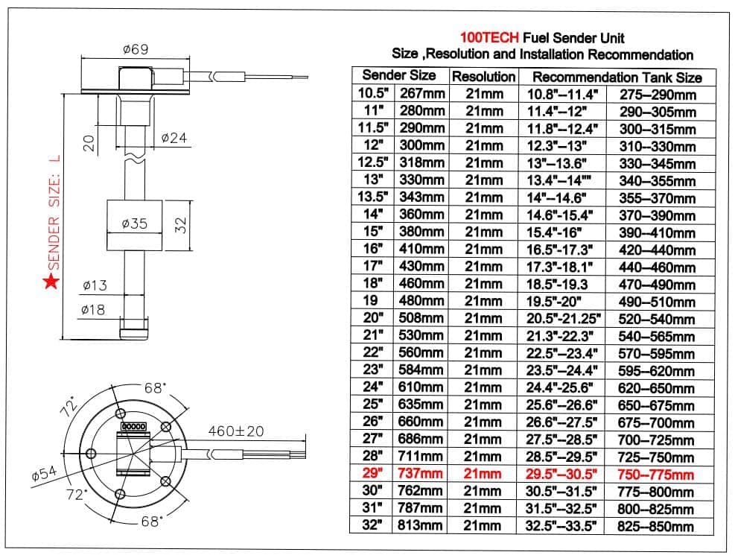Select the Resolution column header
[483, 77]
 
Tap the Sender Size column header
[399, 75]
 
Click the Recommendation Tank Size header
[617, 77]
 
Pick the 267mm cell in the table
[422, 94]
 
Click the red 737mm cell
[422, 474]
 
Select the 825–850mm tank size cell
[655, 526]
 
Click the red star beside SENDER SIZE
[51, 282]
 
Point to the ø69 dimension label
[136, 50]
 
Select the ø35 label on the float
[134, 223]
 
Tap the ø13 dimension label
[94, 285]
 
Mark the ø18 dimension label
[94, 310]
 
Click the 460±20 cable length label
[236, 430]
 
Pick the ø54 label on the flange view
[45, 473]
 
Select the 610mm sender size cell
[422, 387]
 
